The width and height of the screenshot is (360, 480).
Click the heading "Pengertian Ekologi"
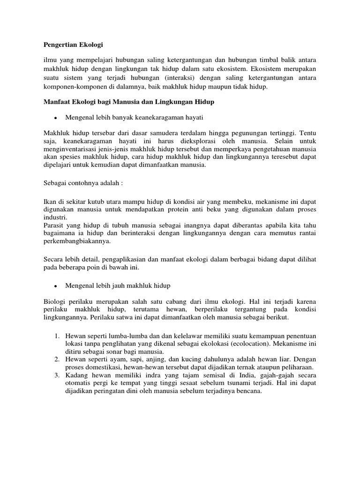(x=73, y=45)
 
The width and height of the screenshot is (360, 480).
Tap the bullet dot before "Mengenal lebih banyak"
(x=56, y=117)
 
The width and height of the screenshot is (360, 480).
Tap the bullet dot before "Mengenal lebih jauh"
(x=56, y=285)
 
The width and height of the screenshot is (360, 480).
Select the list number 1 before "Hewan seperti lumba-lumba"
(x=56, y=336)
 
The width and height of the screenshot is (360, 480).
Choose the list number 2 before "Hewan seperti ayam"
(x=56, y=360)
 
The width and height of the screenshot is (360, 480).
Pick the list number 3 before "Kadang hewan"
(x=56, y=375)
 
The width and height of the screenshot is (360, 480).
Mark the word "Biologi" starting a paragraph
(x=55, y=301)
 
